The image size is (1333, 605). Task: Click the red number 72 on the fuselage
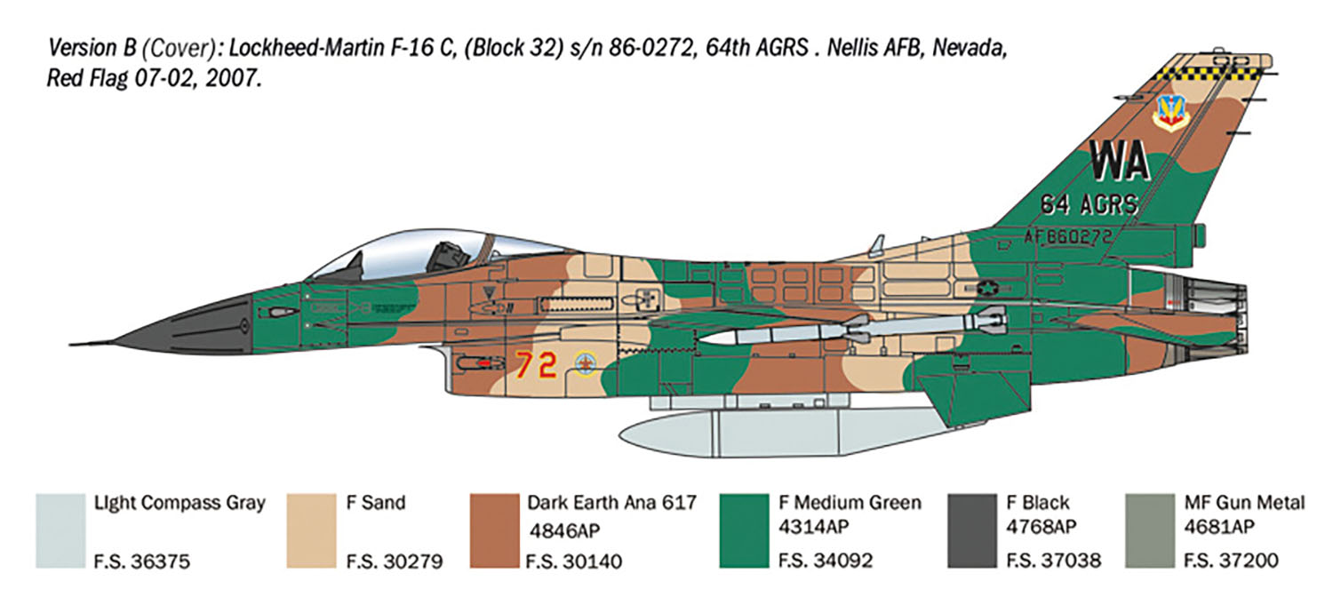point(536,364)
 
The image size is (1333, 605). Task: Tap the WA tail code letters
point(1120,161)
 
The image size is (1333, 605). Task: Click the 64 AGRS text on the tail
point(1089,205)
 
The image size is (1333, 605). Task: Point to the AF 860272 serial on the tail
point(1067,237)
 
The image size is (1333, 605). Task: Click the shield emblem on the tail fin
point(1170,113)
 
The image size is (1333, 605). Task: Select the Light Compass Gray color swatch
point(60,530)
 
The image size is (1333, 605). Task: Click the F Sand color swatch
point(311,530)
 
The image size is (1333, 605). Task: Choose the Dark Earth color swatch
point(494,530)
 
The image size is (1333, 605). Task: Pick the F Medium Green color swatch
point(744,530)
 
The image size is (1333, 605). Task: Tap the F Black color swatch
point(972,530)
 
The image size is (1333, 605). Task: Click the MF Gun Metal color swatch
point(1150,530)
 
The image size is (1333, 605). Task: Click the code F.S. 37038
point(1053,561)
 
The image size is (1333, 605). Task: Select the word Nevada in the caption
point(970,48)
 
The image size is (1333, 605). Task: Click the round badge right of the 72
point(587,362)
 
